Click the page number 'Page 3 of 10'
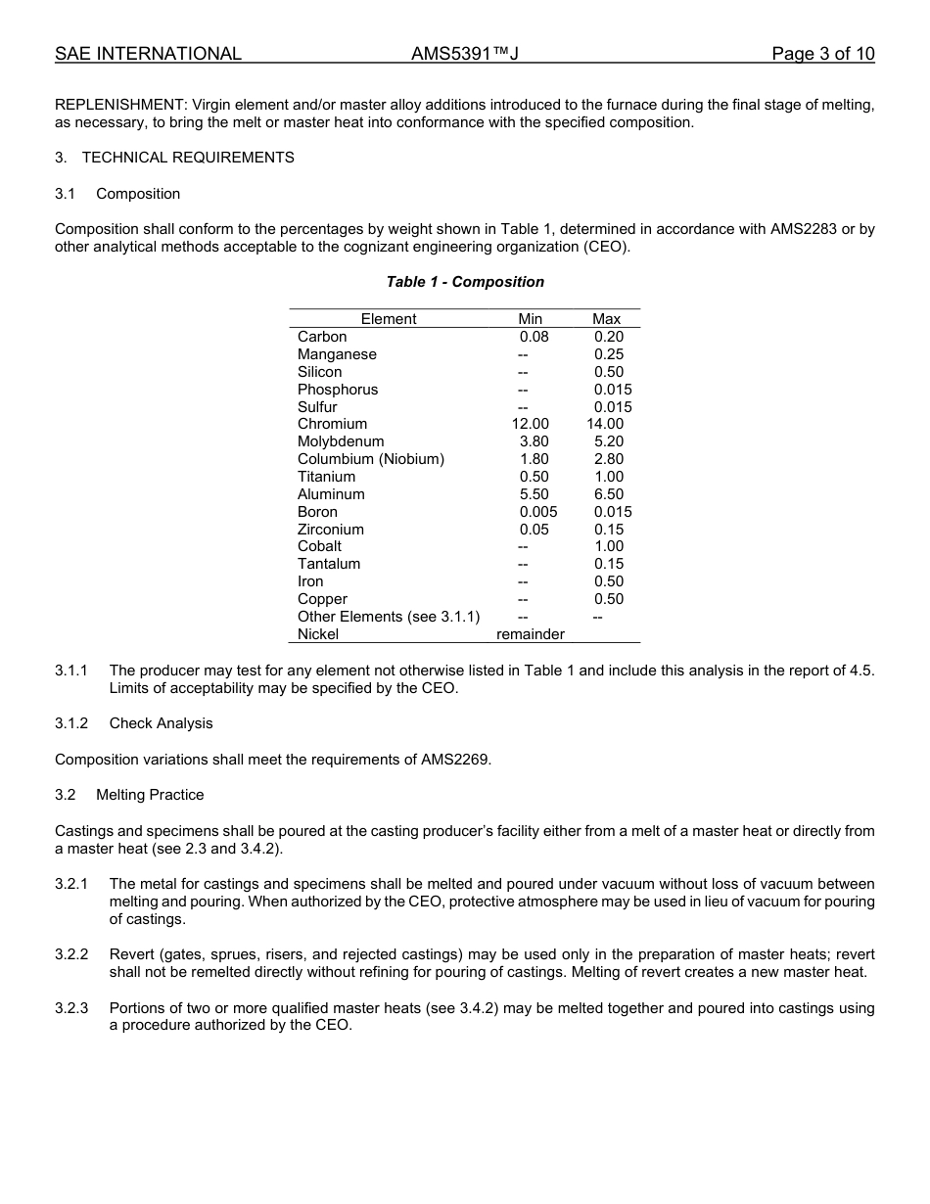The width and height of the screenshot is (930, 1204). click(822, 54)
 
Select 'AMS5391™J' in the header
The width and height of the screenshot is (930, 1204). click(464, 54)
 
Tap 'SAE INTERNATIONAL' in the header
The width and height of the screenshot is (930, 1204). click(148, 54)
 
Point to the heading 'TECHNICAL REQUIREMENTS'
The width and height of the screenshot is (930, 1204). click(188, 158)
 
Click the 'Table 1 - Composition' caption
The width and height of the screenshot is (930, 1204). click(465, 282)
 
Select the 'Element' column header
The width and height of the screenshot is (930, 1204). click(389, 319)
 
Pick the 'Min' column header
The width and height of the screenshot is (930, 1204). click(530, 319)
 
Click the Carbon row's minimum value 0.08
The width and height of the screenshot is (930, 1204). click(534, 337)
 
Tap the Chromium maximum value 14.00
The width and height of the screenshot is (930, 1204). click(605, 424)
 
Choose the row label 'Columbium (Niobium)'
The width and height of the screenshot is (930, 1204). click(370, 459)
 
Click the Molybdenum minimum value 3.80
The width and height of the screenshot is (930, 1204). click(534, 441)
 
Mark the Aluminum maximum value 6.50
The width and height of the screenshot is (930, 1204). click(608, 494)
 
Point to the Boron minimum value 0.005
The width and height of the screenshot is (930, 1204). click(538, 512)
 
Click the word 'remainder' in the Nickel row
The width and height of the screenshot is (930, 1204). click(530, 634)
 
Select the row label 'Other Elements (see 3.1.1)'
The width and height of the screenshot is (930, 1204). click(389, 617)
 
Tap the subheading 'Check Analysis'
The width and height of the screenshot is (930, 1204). click(161, 723)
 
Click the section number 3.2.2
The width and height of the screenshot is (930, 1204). click(71, 954)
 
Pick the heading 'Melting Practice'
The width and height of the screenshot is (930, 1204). click(150, 795)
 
